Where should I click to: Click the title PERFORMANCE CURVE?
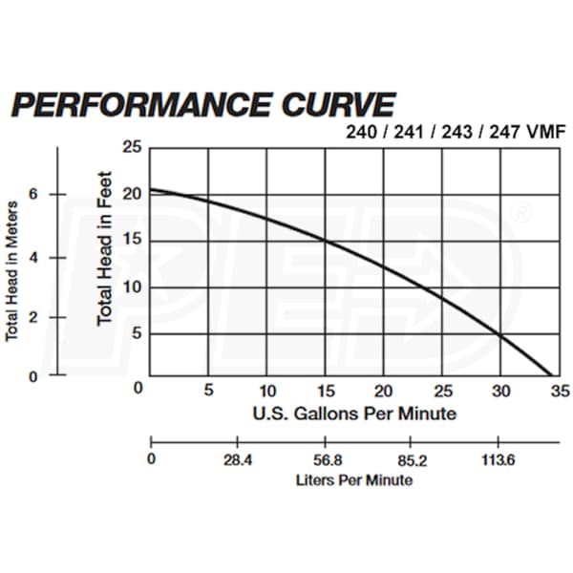(202, 104)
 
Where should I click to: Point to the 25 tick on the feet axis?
(134, 147)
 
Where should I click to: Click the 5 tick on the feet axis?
(135, 334)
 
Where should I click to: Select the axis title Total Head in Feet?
(105, 247)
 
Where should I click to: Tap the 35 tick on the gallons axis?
(560, 390)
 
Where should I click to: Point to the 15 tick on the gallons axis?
(326, 390)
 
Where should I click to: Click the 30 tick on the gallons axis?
(500, 390)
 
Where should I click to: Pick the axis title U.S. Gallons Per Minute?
(353, 414)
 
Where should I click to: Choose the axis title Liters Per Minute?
(353, 480)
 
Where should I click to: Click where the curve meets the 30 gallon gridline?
(500, 334)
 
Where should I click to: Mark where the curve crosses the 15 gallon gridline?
(326, 240)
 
